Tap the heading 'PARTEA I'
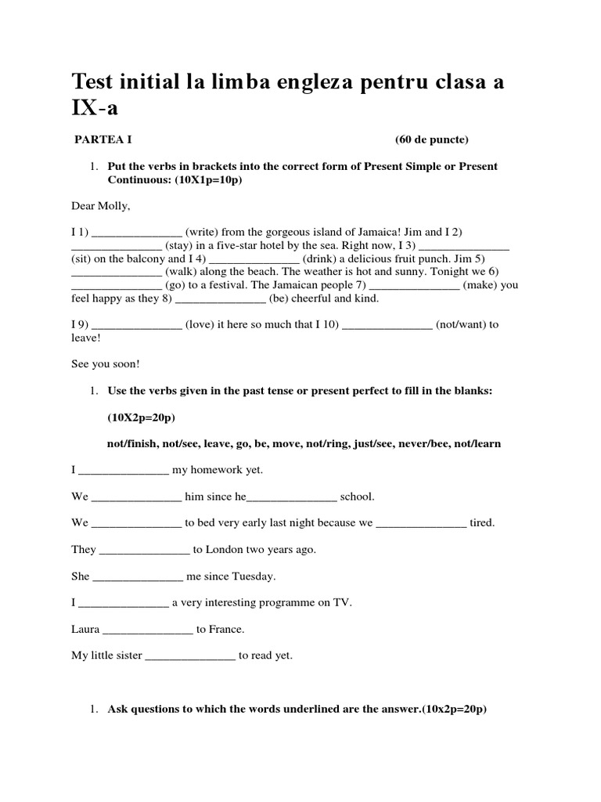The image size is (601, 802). tap(103, 140)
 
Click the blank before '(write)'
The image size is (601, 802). tap(137, 233)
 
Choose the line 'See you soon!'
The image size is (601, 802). tap(105, 364)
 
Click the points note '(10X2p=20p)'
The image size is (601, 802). tap(142, 417)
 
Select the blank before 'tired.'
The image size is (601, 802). tap(421, 523)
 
